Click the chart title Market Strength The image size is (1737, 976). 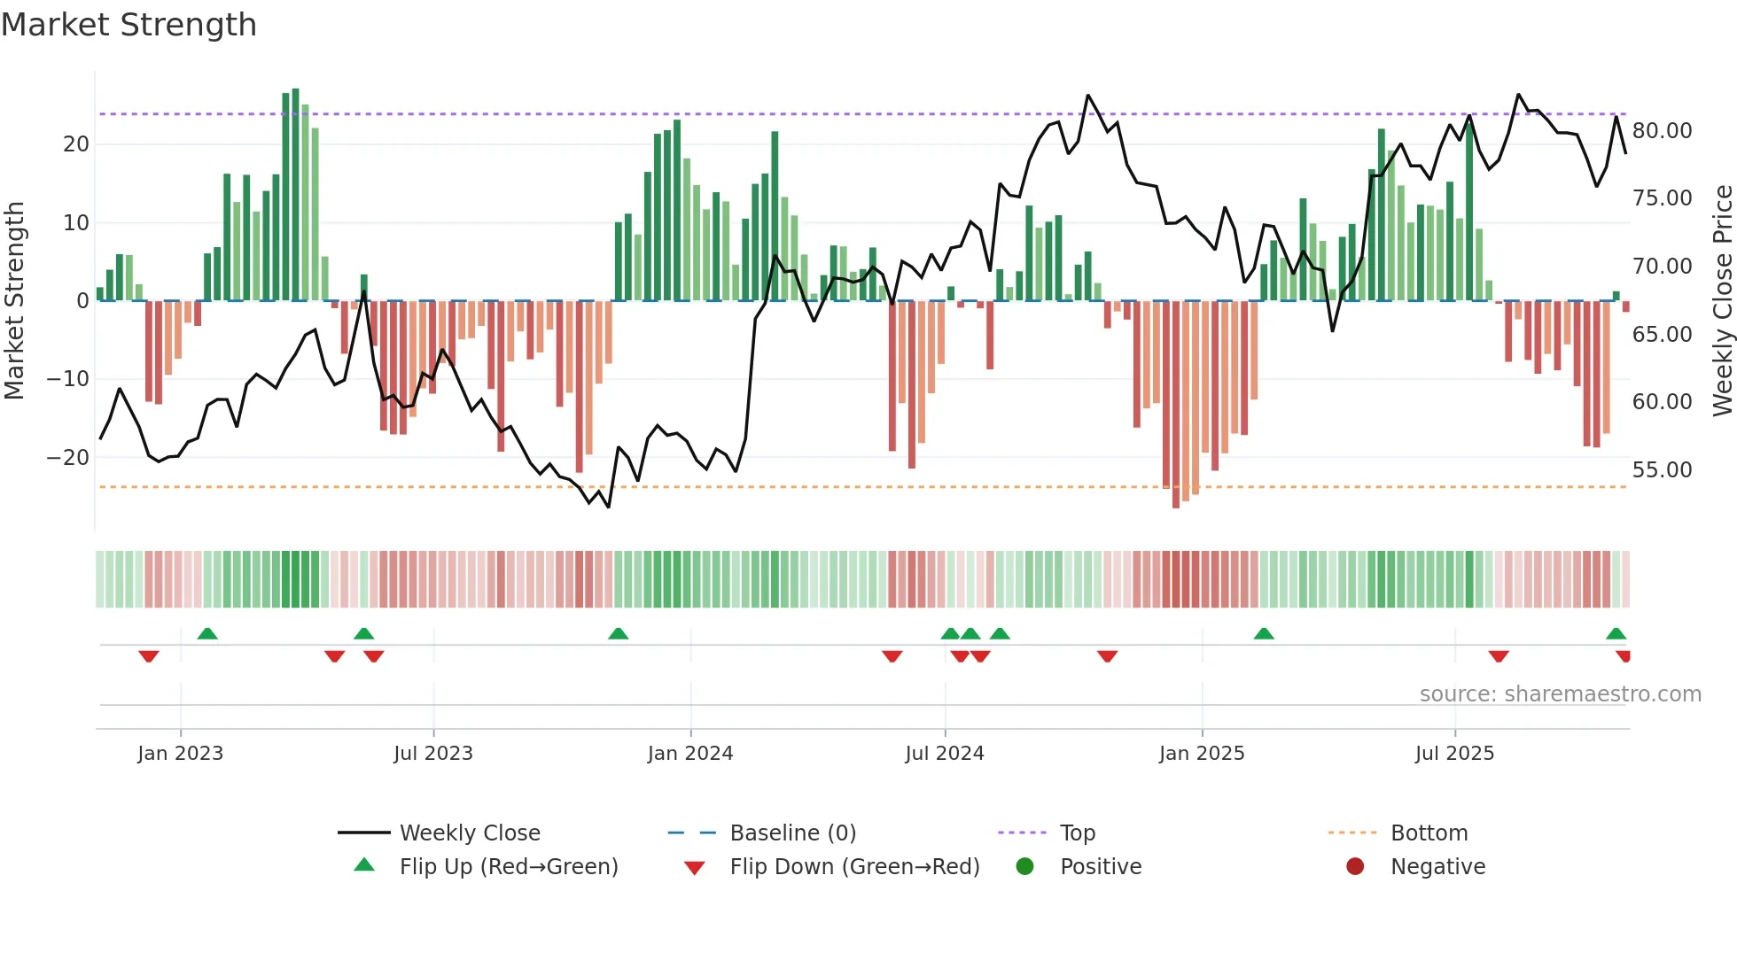129,25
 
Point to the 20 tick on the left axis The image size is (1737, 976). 76,144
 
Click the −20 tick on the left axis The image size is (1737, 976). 68,458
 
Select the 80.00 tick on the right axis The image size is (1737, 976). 1662,131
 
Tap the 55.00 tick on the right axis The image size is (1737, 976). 1662,470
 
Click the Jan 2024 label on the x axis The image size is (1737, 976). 690,754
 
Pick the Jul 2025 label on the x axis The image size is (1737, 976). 1454,754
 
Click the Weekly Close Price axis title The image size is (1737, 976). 1722,301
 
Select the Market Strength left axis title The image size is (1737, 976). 14,301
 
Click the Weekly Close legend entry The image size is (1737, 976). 470,833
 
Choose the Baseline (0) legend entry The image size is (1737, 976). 792,833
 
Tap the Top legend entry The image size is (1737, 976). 1078,833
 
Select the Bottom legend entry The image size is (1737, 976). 1429,833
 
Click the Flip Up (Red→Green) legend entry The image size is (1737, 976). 509,867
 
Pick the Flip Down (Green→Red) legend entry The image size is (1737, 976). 854,867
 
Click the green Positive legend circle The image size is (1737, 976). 1024,867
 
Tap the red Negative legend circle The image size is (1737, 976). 1355,867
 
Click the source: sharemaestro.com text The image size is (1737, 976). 1560,694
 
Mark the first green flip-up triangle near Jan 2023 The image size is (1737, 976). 207,634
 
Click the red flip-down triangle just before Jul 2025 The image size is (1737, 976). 1499,656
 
